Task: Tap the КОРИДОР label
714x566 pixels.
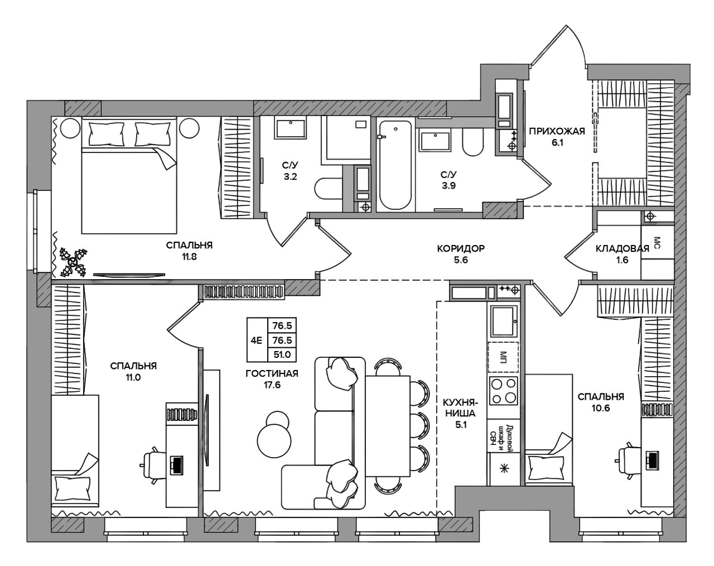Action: pos(461,248)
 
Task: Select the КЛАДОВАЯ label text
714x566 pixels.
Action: pos(623,248)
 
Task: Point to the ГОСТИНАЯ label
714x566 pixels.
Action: pos(272,373)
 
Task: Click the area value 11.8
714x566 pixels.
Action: pos(189,257)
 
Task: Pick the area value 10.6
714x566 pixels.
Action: pos(601,408)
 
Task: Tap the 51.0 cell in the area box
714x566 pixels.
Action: pos(282,354)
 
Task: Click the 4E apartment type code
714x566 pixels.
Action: pos(256,340)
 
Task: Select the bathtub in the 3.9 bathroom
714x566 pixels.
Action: pos(395,165)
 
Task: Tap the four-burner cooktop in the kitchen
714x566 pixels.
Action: pos(503,391)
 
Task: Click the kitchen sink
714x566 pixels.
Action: pos(503,322)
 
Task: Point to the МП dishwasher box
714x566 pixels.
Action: pos(503,357)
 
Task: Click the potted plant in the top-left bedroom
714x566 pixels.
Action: pos(74,262)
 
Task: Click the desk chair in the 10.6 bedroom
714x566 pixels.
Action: pos(626,460)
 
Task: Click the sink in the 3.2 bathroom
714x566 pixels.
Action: pos(290,129)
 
